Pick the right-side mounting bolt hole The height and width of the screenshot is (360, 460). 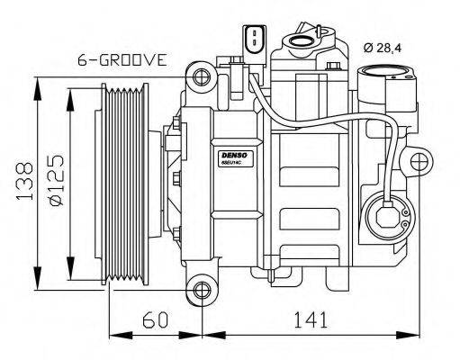coord(419,163)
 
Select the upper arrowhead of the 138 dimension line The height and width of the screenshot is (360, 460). coord(36,84)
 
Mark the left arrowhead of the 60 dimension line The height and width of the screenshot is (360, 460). coord(113,336)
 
